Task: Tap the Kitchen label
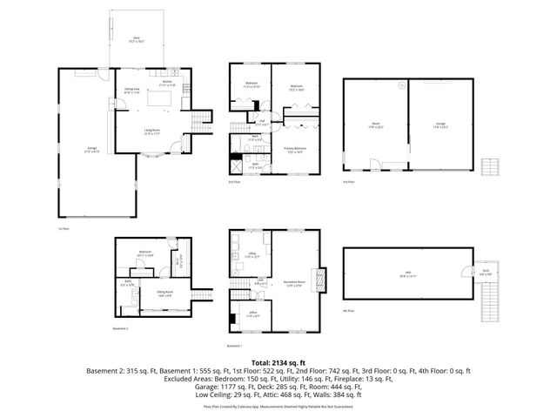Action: (x=165, y=84)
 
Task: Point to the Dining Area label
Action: (x=133, y=90)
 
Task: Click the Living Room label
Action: (x=151, y=131)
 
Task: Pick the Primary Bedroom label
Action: (x=296, y=150)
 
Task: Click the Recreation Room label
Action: (x=297, y=283)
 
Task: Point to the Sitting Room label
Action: (x=164, y=293)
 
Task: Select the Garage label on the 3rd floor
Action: (x=441, y=125)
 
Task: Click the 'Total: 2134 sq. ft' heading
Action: (x=278, y=361)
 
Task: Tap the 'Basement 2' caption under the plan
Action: (x=121, y=328)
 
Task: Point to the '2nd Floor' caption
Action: (x=233, y=182)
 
